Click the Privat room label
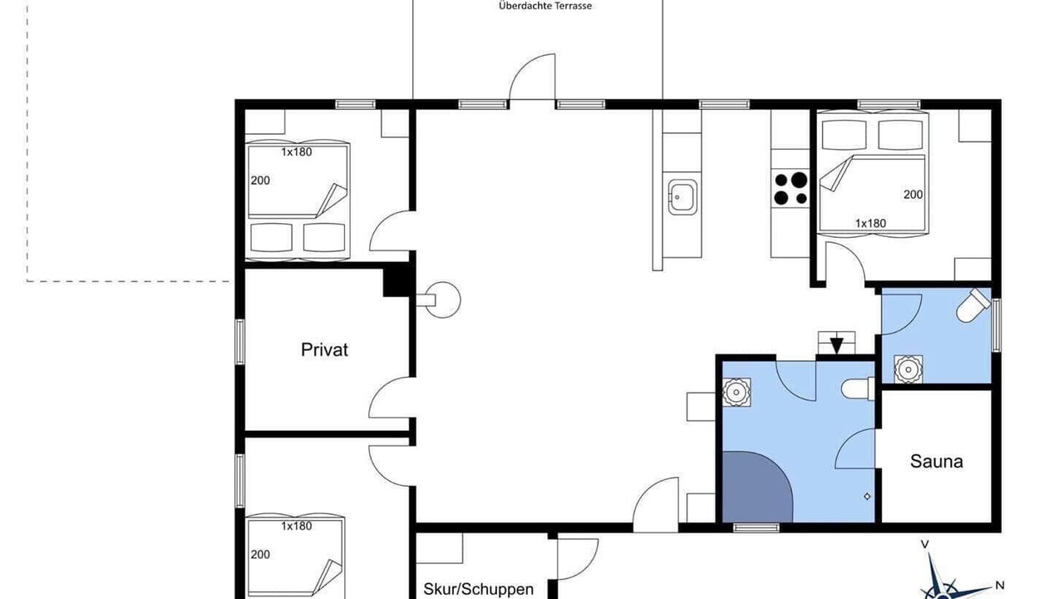point(324,350)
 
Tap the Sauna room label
point(936,461)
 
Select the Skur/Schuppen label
point(478,589)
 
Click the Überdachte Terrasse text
point(545,7)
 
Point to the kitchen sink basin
point(682,197)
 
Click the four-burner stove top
point(791,188)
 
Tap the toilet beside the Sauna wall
point(859,389)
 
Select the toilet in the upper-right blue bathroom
point(973,305)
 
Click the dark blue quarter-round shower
point(757,487)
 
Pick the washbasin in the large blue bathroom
point(736,392)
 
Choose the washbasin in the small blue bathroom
point(909,369)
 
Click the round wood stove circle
point(443,299)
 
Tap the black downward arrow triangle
point(836,344)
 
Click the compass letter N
point(999,585)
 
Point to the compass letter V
point(925,545)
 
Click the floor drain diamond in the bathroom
point(867,497)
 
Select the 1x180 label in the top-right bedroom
point(870,223)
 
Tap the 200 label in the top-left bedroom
point(260,181)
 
